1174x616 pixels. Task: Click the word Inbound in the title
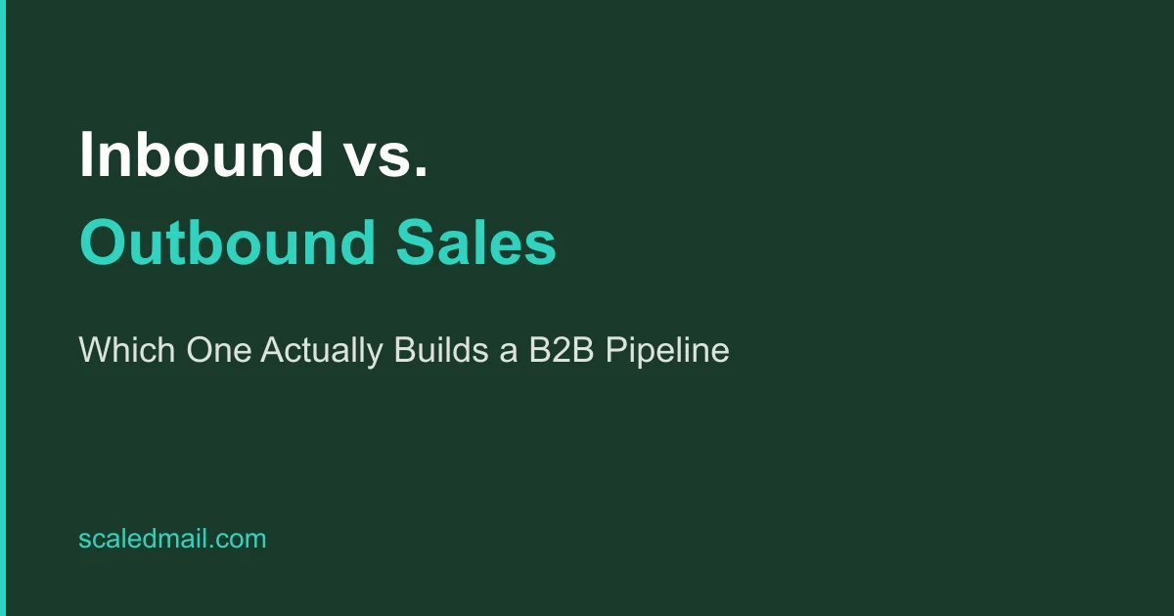tap(202, 154)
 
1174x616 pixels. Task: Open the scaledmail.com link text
tap(172, 539)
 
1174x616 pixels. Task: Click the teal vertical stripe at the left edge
tap(3, 308)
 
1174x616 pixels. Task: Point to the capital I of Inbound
tap(86, 154)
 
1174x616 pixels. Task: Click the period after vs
tap(421, 174)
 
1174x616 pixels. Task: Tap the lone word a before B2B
tap(509, 353)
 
